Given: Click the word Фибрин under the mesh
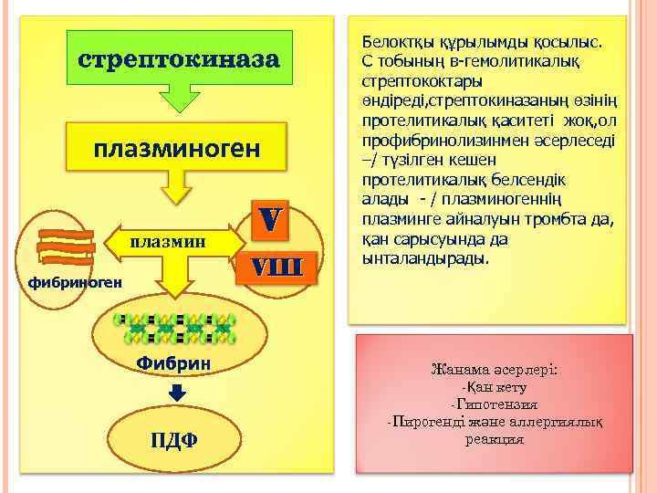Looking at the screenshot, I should [x=173, y=363].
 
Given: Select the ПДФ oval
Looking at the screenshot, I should [x=172, y=441].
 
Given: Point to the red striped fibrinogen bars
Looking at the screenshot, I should [x=67, y=243].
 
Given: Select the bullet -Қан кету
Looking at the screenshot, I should [x=494, y=388].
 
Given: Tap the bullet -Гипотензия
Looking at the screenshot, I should [x=494, y=404].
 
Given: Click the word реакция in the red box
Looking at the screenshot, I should [x=494, y=439].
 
